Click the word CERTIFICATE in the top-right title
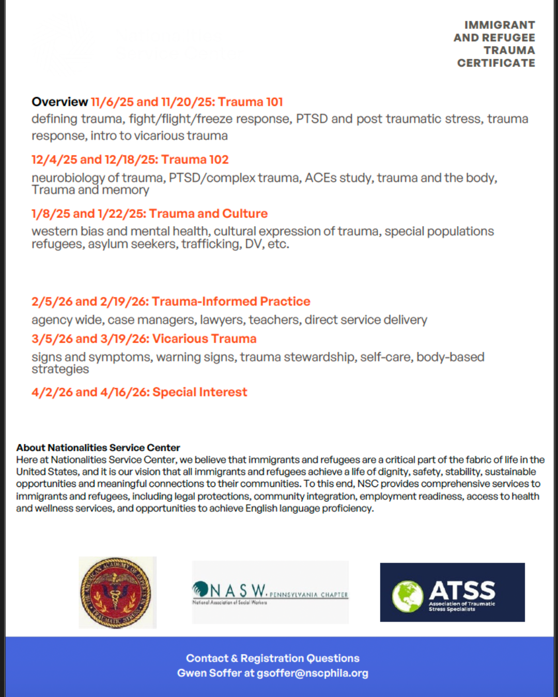[x=496, y=63]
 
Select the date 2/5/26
[x=50, y=302]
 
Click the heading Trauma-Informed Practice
[x=231, y=302]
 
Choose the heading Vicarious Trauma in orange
[x=204, y=339]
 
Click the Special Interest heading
[x=200, y=392]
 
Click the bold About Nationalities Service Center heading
[x=98, y=448]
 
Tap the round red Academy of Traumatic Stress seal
[x=117, y=592]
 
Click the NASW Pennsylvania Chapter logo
[x=270, y=592]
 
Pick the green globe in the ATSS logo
[x=408, y=596]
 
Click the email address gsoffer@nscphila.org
[x=313, y=673]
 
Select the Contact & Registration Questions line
[x=273, y=658]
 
